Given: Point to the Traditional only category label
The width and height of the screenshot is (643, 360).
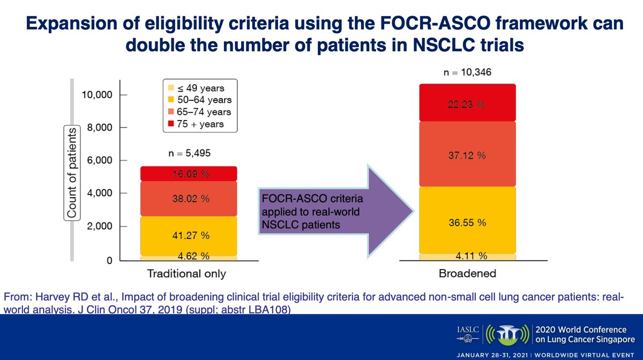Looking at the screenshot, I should tap(186, 274).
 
